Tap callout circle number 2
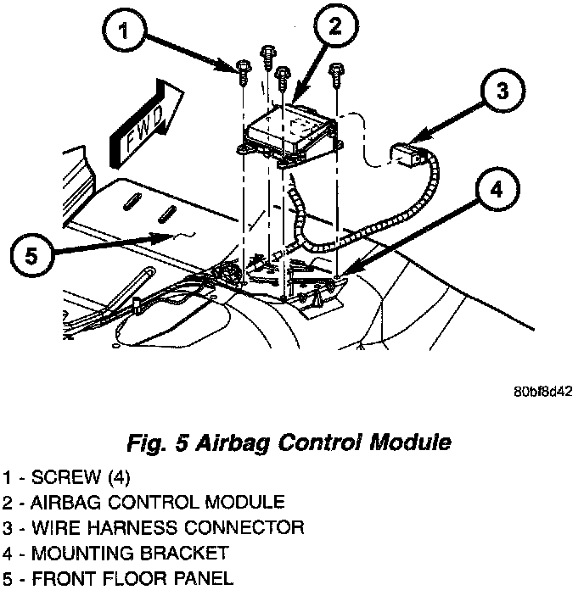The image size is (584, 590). click(334, 26)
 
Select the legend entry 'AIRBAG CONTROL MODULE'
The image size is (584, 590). click(144, 502)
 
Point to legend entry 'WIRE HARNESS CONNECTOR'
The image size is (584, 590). click(153, 528)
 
